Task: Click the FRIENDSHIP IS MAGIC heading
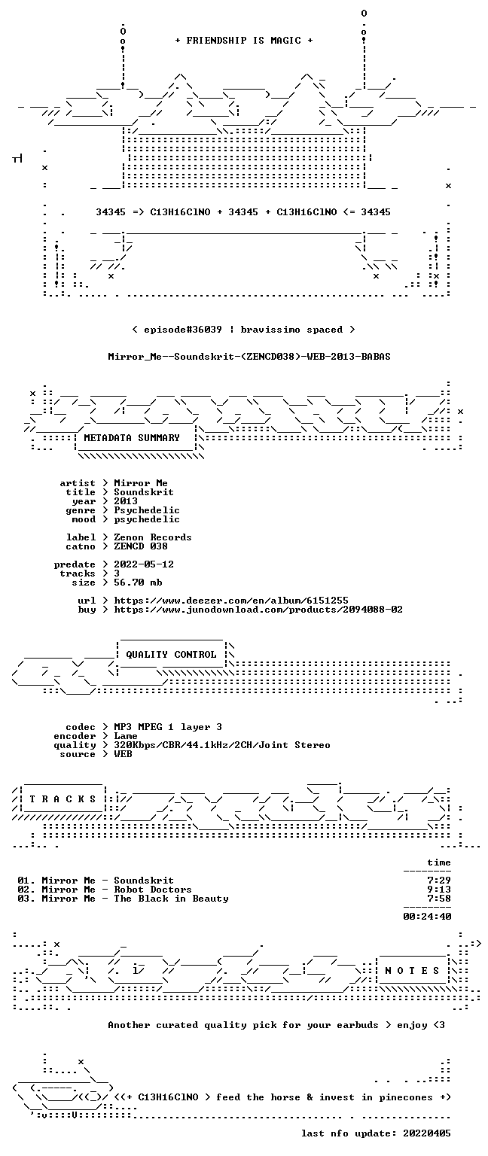click(x=244, y=40)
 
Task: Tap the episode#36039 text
click(x=183, y=329)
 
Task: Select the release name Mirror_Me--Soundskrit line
click(x=249, y=356)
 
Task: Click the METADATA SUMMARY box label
click(x=132, y=437)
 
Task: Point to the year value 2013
click(x=126, y=500)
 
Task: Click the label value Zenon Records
click(x=153, y=537)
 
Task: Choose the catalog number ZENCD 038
click(x=141, y=546)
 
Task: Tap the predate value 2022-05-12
click(x=144, y=564)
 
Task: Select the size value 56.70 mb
click(x=138, y=582)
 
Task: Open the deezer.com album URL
click(x=231, y=600)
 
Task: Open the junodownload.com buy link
click(x=258, y=610)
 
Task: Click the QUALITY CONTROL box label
click(x=171, y=654)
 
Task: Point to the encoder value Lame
click(x=126, y=736)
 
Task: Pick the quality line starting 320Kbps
click(x=222, y=744)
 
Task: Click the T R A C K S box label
click(x=63, y=799)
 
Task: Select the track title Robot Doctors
click(x=153, y=889)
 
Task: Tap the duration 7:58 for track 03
click(x=439, y=899)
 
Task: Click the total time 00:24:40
click(x=427, y=917)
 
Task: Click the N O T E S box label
click(x=412, y=971)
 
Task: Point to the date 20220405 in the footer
click(x=427, y=1133)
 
